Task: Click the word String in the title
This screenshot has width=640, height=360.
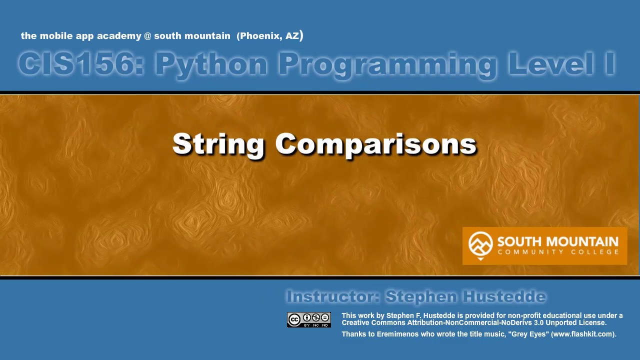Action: tap(218, 144)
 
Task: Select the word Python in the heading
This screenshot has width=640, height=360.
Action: tap(211, 64)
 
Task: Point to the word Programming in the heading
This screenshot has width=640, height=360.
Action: tap(387, 64)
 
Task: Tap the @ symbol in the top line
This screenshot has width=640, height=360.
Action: tap(147, 36)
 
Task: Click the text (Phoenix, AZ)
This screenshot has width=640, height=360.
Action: tap(270, 36)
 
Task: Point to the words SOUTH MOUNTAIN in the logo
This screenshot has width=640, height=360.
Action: tap(557, 242)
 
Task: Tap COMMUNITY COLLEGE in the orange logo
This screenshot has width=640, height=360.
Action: tap(557, 252)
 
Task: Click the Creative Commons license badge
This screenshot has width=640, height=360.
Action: tap(309, 319)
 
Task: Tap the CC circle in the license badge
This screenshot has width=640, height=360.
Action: tap(294, 319)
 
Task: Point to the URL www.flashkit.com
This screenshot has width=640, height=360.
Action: tap(582, 334)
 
